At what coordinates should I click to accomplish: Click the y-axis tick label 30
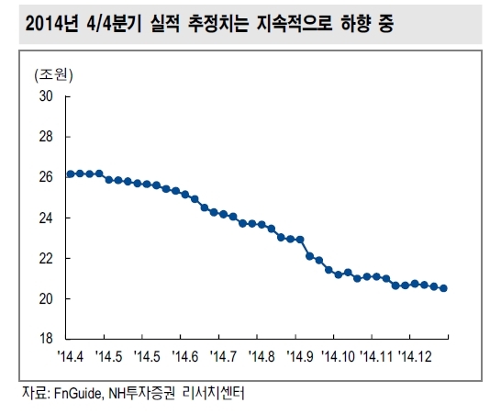[x=46, y=95]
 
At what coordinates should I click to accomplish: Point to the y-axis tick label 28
[x=46, y=137]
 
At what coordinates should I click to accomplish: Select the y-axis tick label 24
[x=46, y=218]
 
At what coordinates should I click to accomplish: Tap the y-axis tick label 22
[x=46, y=258]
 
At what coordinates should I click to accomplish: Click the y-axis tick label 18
[x=46, y=338]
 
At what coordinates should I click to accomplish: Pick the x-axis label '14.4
[x=71, y=356]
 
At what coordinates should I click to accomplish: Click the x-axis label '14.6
[x=185, y=356]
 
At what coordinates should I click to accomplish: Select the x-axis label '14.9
[x=300, y=356]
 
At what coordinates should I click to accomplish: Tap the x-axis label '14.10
[x=338, y=356]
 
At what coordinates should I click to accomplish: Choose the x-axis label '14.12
[x=415, y=356]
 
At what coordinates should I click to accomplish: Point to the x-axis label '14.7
[x=223, y=356]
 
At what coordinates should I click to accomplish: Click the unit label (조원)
[x=53, y=74]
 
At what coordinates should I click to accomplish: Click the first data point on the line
[x=71, y=174]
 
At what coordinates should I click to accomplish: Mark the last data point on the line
[x=443, y=288]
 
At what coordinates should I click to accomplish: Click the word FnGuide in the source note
[x=78, y=393]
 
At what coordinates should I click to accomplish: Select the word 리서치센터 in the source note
[x=214, y=393]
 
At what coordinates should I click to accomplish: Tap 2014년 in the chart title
[x=51, y=24]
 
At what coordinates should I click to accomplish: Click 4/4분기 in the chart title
[x=114, y=24]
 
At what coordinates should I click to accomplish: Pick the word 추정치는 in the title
[x=217, y=24]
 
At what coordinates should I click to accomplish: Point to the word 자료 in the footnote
[x=35, y=393]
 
